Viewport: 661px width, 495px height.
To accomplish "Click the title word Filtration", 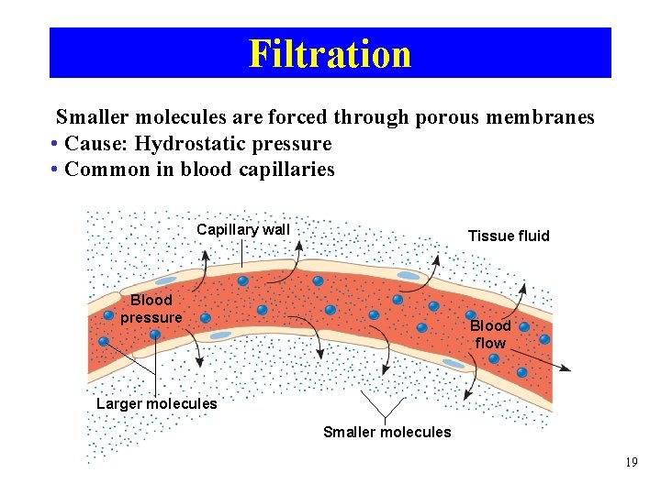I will point(330,54).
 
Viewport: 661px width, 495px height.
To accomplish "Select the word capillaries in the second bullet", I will point(286,170).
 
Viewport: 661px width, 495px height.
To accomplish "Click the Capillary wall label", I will point(243,230).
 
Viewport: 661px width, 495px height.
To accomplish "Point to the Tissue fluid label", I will point(509,236).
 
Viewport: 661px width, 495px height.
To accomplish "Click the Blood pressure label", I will point(151,309).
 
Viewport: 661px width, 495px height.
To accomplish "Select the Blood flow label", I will point(490,335).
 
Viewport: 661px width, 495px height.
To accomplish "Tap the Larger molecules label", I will point(157,404).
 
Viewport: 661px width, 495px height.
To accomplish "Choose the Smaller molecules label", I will point(387,432).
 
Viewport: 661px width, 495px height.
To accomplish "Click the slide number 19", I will point(631,463).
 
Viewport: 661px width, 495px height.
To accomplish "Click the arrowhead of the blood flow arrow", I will point(566,368).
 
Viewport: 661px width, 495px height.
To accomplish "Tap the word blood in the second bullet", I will point(207,170).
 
